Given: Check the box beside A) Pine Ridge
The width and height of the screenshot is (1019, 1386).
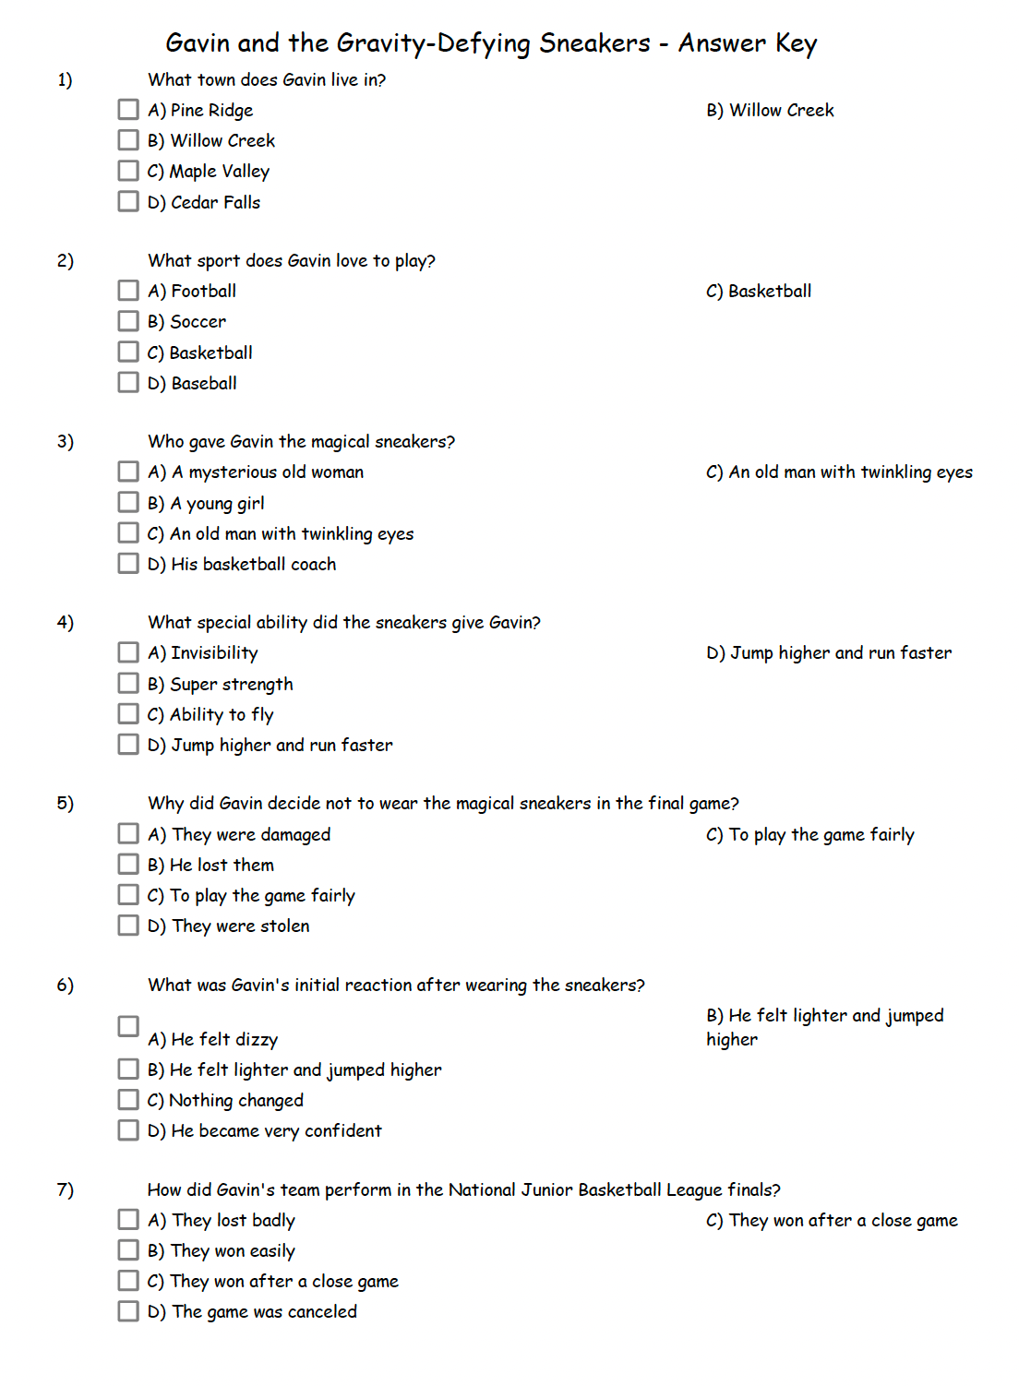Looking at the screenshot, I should tap(128, 110).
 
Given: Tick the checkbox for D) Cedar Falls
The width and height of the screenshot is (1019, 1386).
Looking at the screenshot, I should tap(128, 201).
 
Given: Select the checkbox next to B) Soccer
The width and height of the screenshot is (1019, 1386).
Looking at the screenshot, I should tap(128, 321).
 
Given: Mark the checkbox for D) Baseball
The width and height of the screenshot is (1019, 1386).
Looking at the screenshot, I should tap(128, 382).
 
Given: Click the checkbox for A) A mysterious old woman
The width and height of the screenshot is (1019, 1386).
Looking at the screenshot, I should tap(128, 472).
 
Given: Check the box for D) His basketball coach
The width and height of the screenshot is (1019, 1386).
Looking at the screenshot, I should tap(128, 563).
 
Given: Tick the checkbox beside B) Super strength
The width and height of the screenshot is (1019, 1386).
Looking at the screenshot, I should tap(128, 683).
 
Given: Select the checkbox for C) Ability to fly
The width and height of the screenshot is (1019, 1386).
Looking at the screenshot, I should tap(128, 713).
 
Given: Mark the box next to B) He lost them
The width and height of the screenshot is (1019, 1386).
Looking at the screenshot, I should tap(128, 864).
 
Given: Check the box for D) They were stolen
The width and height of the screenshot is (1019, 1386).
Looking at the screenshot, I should tap(128, 925).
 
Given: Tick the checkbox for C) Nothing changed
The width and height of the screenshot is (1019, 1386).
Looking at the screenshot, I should tap(128, 1099).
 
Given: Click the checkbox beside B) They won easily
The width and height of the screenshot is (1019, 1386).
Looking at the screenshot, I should tap(128, 1249).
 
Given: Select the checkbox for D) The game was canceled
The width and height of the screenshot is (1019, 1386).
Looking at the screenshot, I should tap(128, 1310).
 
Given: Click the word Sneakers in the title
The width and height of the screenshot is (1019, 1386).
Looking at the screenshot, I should tap(594, 43).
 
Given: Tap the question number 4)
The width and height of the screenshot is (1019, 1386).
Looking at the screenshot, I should tap(65, 622).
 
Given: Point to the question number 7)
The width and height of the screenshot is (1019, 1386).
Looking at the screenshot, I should tap(65, 1189).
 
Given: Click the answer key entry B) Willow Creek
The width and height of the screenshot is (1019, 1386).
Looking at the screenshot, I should tap(770, 111).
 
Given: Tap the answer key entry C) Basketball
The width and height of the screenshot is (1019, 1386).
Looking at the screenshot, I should tap(759, 292).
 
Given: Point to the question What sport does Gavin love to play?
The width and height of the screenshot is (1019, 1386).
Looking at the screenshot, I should tap(291, 261).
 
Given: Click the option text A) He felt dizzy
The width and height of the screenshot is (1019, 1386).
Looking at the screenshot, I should tap(212, 1040).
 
